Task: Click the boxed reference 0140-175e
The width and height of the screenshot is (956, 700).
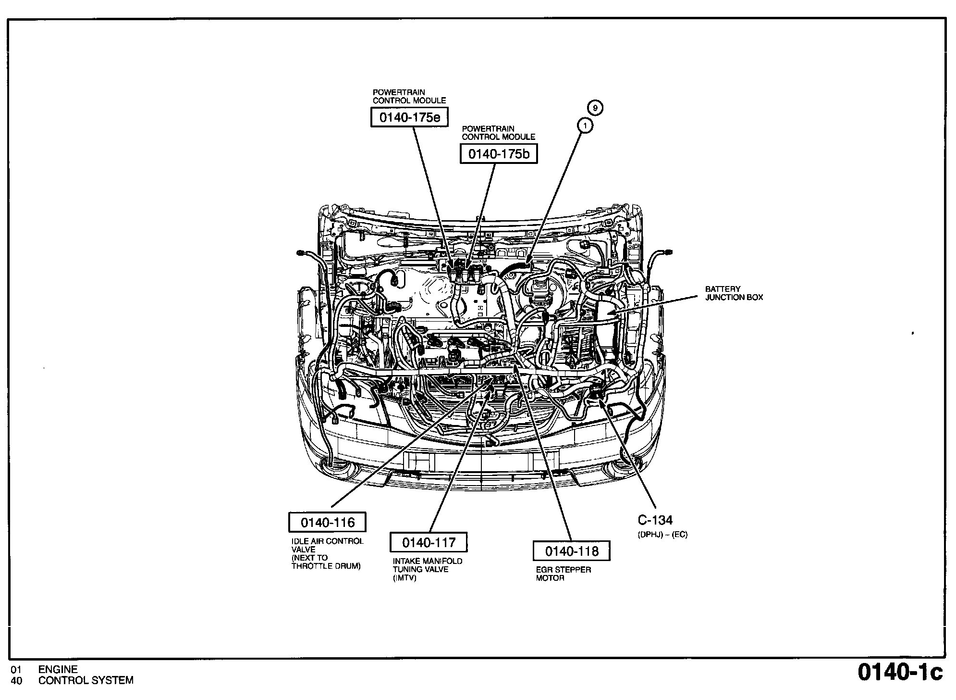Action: (x=409, y=117)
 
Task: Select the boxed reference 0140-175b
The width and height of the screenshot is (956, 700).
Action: (x=499, y=154)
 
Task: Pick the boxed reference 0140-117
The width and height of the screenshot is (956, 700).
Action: (x=429, y=543)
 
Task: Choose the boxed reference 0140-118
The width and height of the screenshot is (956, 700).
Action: (x=572, y=551)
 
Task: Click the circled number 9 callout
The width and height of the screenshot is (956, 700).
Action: (x=595, y=108)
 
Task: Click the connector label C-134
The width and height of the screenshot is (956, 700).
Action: (x=655, y=520)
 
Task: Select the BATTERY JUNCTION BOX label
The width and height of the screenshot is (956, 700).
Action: (x=734, y=293)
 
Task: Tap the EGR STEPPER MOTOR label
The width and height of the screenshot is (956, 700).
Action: (x=563, y=574)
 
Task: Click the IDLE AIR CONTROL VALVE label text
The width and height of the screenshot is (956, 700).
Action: (x=327, y=553)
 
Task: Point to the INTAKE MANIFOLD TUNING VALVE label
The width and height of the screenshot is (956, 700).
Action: (x=427, y=569)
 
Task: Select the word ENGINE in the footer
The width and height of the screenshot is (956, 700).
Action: (x=58, y=669)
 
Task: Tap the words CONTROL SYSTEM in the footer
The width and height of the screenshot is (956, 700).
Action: (x=86, y=680)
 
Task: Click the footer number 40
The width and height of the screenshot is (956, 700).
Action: (x=16, y=680)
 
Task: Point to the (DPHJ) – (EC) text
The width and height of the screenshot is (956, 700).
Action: (x=662, y=535)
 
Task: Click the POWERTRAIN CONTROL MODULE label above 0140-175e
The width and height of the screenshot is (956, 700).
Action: (x=409, y=96)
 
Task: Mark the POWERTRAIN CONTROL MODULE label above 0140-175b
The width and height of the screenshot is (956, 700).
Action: (x=498, y=133)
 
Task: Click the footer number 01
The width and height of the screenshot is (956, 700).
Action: (x=16, y=669)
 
